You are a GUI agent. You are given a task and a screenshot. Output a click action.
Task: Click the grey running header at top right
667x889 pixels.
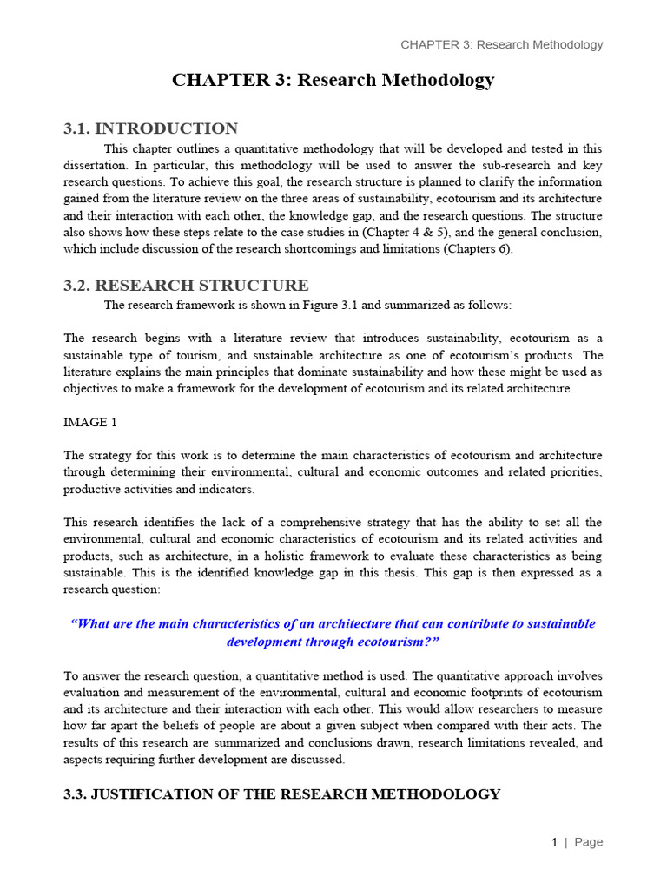501,44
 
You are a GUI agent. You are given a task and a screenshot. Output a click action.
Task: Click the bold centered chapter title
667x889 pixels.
333,80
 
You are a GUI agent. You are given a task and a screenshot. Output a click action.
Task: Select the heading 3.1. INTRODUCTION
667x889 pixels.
150,128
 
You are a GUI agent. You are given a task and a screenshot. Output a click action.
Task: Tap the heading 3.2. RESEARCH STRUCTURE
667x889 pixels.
186,285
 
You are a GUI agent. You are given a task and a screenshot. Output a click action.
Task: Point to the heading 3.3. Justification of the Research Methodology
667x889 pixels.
282,794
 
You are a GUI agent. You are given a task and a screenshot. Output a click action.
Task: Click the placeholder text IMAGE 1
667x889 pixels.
89,422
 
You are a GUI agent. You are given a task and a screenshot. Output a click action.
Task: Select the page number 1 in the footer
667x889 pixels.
553,841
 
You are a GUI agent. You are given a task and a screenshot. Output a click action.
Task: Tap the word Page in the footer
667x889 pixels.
588,841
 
